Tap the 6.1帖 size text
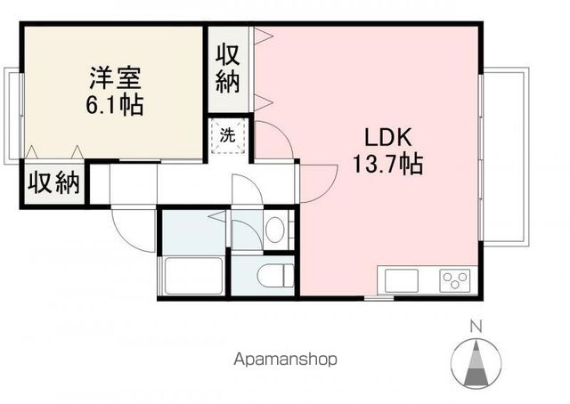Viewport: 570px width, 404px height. [x=115, y=105]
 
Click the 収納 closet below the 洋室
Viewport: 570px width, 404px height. [x=53, y=183]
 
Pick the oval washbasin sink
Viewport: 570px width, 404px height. [x=275, y=230]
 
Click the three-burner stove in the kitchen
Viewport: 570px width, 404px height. [x=456, y=280]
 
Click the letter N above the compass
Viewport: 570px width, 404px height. [x=476, y=325]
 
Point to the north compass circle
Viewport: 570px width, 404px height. [x=476, y=360]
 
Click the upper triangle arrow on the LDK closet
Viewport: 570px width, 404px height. [x=263, y=37]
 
